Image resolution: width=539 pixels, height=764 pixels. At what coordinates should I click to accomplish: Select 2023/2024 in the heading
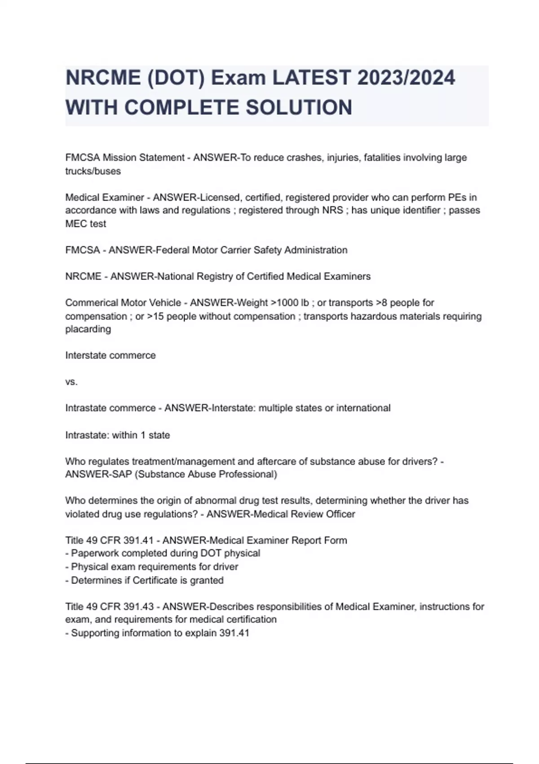pyautogui.click(x=406, y=78)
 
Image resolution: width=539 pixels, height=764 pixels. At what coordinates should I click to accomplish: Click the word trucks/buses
pyautogui.click(x=93, y=171)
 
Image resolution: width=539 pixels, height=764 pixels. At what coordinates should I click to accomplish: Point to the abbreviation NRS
pyautogui.click(x=333, y=210)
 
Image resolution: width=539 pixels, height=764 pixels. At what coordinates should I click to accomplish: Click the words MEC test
pyautogui.click(x=86, y=224)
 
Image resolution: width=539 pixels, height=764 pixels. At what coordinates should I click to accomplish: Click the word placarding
pyautogui.click(x=88, y=329)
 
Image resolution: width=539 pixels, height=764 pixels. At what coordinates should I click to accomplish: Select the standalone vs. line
pyautogui.click(x=71, y=382)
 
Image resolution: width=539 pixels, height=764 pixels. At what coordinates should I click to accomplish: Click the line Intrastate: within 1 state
pyautogui.click(x=118, y=435)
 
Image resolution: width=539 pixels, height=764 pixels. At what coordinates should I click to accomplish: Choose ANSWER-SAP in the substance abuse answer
pyautogui.click(x=98, y=475)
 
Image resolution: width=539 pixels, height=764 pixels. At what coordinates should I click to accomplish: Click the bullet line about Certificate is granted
pyautogui.click(x=144, y=580)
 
